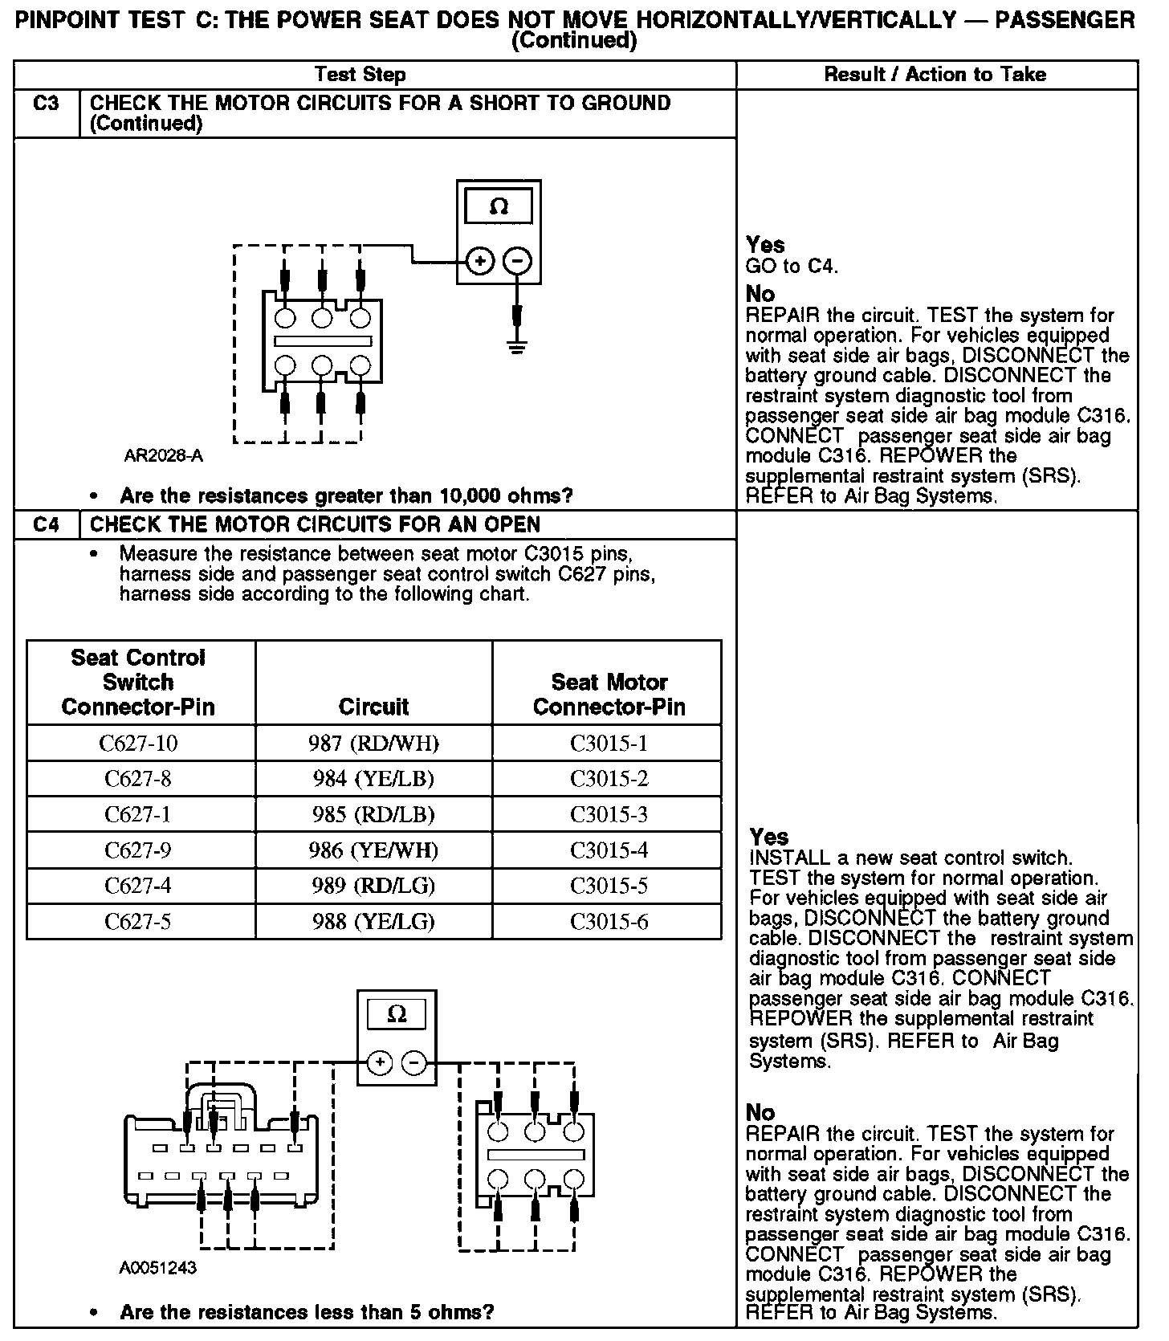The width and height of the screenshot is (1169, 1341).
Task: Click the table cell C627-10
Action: [138, 743]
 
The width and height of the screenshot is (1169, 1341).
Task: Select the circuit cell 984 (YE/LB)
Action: [373, 778]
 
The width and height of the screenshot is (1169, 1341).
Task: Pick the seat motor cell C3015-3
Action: [609, 814]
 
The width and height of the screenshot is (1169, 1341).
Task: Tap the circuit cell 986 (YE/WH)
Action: [373, 850]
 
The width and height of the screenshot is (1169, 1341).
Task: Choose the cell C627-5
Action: [138, 921]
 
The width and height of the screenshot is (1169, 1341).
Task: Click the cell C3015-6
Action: [609, 921]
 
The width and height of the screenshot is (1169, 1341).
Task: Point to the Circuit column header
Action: [373, 706]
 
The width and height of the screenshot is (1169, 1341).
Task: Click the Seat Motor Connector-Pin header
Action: [609, 694]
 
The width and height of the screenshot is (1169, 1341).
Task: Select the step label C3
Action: [47, 103]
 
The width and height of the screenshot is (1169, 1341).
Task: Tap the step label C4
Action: [47, 524]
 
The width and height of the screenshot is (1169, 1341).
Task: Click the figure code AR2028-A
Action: [163, 456]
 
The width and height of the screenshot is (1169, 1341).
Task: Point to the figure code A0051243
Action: [158, 1268]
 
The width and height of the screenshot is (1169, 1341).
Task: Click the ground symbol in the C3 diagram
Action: [517, 348]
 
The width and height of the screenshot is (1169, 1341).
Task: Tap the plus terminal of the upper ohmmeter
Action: [479, 261]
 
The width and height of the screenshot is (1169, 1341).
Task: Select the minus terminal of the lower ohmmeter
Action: [414, 1064]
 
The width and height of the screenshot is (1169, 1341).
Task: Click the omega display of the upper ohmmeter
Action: [499, 207]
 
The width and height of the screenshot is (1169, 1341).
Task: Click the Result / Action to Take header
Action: [935, 75]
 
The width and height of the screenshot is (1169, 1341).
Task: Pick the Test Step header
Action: [360, 75]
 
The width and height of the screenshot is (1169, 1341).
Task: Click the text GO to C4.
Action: [792, 267]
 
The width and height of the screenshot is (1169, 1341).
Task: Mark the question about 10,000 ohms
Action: [346, 495]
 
